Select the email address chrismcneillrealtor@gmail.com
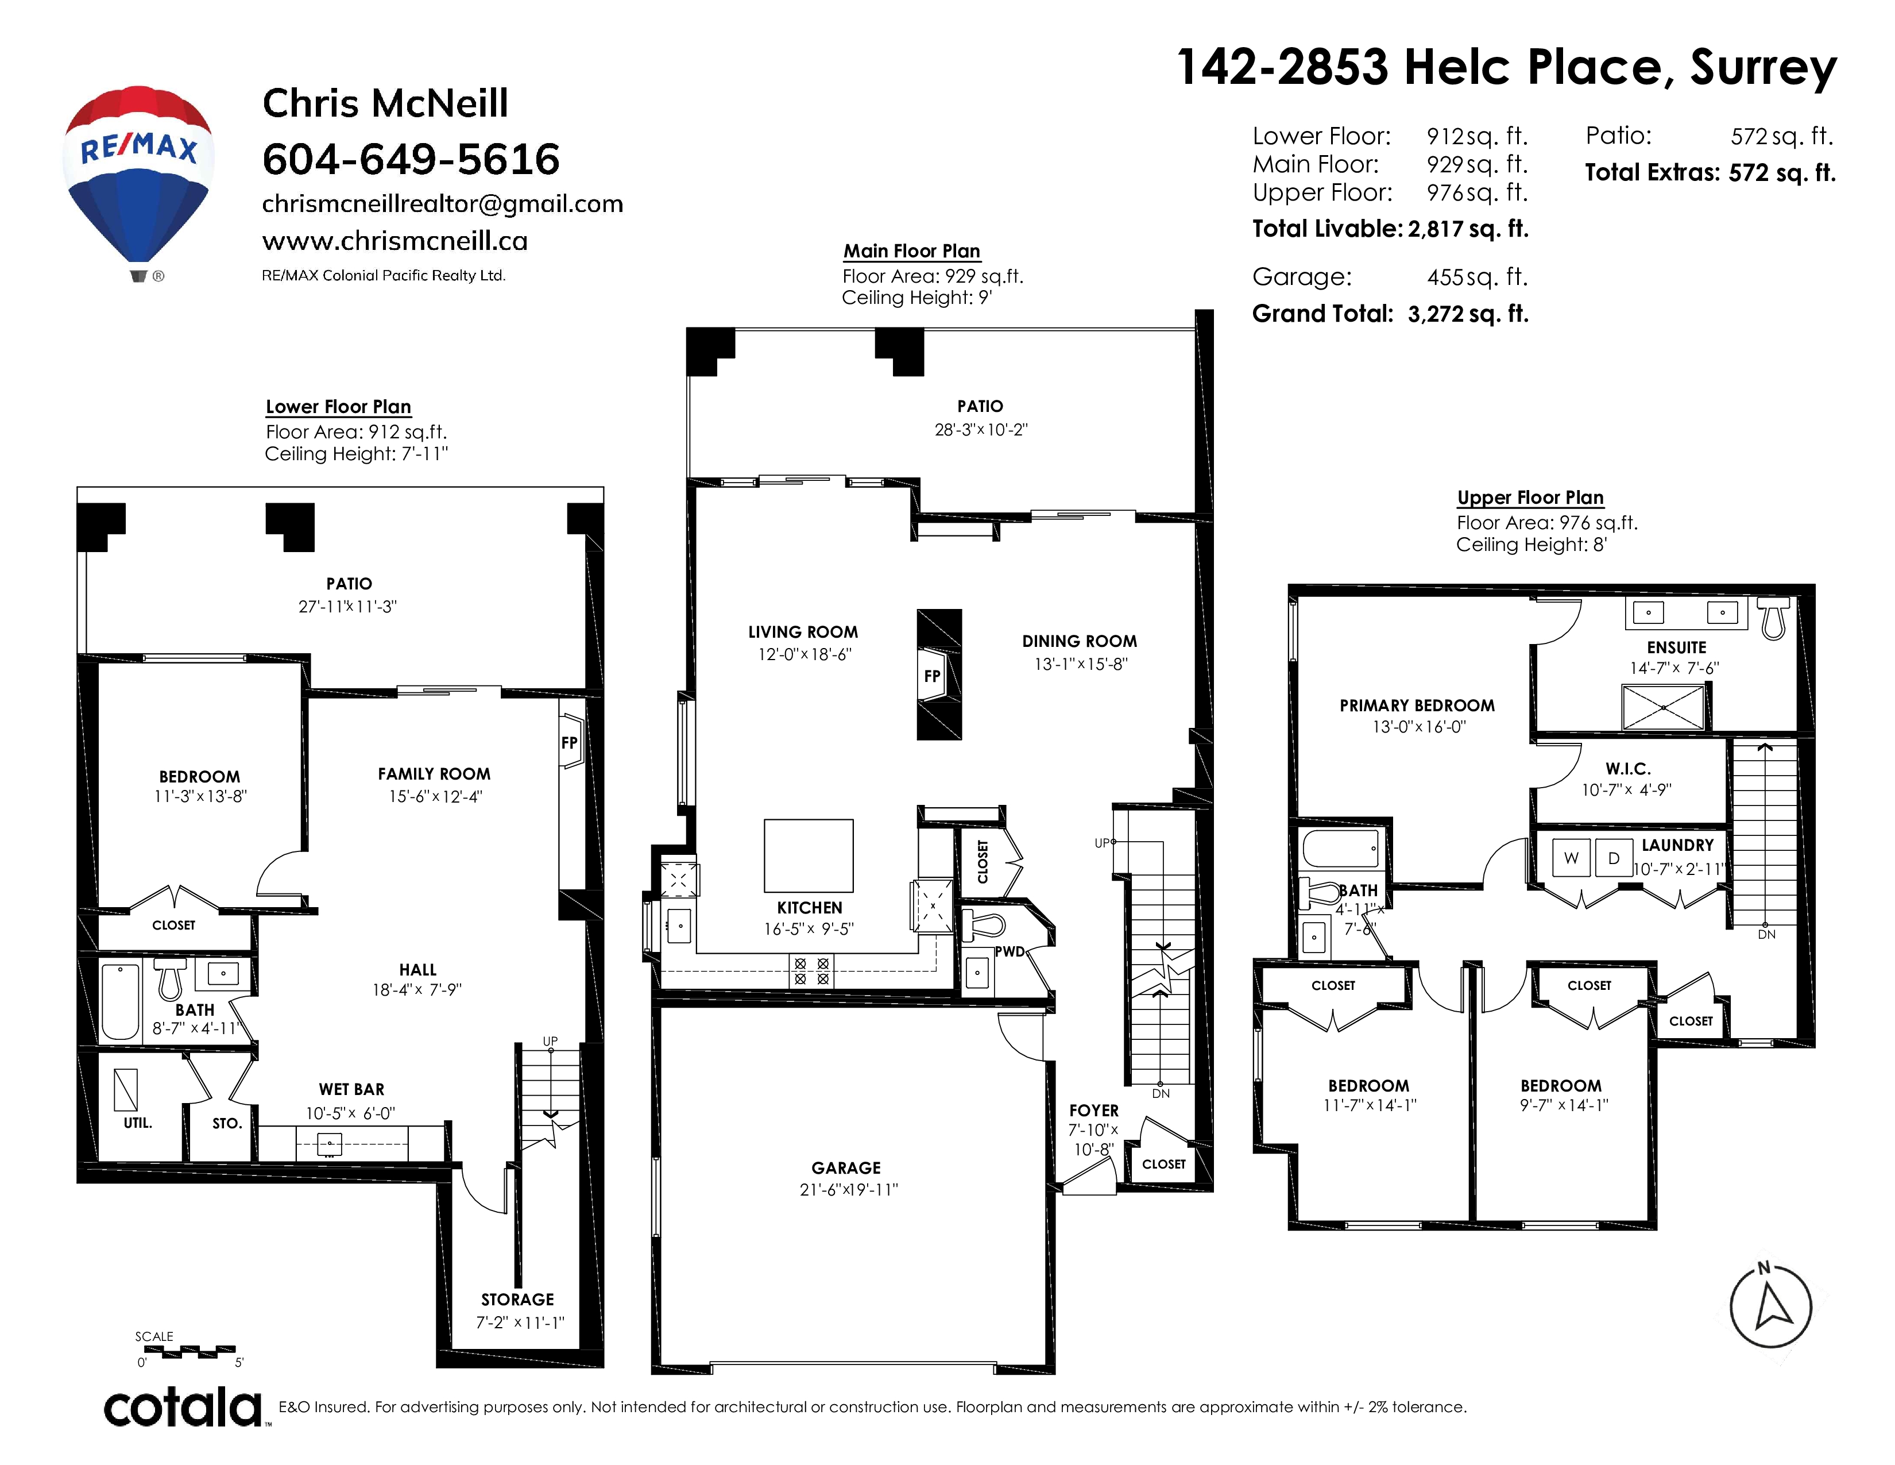pyautogui.click(x=443, y=204)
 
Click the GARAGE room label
pyautogui.click(x=846, y=1168)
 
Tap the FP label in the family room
pyautogui.click(x=569, y=743)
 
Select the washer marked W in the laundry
pyautogui.click(x=1571, y=858)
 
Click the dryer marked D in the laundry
pyautogui.click(x=1614, y=858)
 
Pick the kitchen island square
pyautogui.click(x=809, y=856)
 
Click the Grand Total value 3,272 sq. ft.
pyautogui.click(x=1468, y=314)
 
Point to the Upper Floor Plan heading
pyautogui.click(x=1530, y=498)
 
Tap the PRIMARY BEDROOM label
pyautogui.click(x=1417, y=705)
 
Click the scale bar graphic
pyautogui.click(x=187, y=1351)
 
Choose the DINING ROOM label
pyautogui.click(x=1080, y=641)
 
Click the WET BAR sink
pyautogui.click(x=330, y=1146)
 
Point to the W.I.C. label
pyautogui.click(x=1628, y=769)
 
